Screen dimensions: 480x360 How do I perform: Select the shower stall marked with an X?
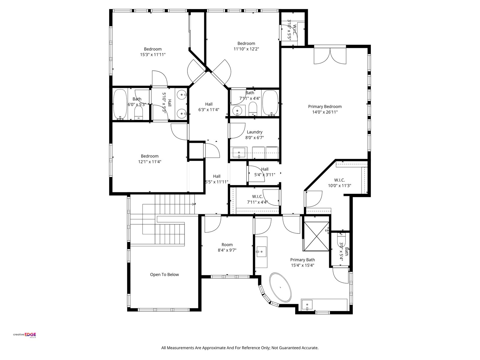click(316, 236)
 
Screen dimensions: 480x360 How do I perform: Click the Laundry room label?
click(254, 132)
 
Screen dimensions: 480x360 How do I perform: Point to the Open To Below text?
click(164, 274)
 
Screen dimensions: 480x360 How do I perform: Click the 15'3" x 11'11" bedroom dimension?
click(153, 54)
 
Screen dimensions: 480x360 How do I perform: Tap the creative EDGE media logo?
click(25, 335)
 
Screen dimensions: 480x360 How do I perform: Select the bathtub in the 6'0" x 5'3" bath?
click(120, 104)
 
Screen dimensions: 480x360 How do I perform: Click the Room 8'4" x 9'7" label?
click(227, 247)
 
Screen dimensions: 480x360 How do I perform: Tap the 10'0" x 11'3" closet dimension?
click(339, 186)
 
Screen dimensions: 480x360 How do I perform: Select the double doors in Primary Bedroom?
click(330, 56)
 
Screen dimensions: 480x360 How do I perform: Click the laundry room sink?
click(239, 152)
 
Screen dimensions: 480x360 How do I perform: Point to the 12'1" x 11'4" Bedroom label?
click(150, 159)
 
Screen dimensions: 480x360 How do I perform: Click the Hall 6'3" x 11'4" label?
click(209, 107)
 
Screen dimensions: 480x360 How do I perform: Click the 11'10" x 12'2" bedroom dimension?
click(246, 49)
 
